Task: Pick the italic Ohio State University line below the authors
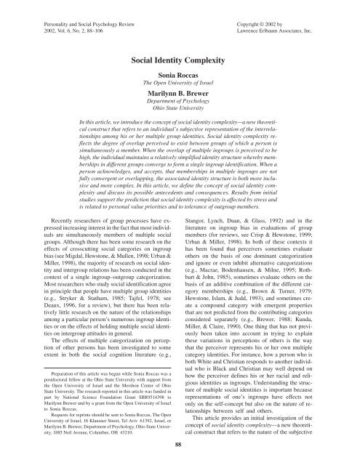coord(180,119)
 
